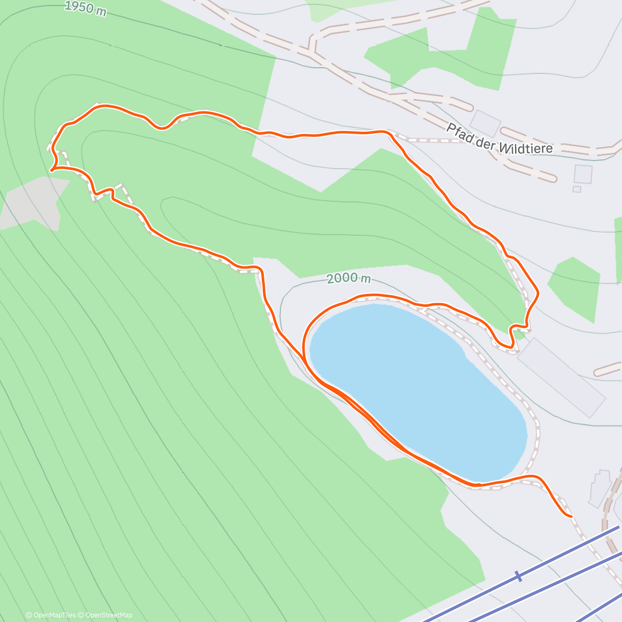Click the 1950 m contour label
(x=86, y=8)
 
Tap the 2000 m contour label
(x=349, y=278)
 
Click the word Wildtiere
(x=526, y=146)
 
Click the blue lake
(x=415, y=389)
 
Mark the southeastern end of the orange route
(x=571, y=516)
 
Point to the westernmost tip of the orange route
(x=51, y=169)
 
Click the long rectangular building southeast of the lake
(x=561, y=377)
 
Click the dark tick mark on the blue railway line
(x=517, y=576)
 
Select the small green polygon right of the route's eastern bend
(x=574, y=288)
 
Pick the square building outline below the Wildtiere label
(x=583, y=174)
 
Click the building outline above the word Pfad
(x=486, y=123)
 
